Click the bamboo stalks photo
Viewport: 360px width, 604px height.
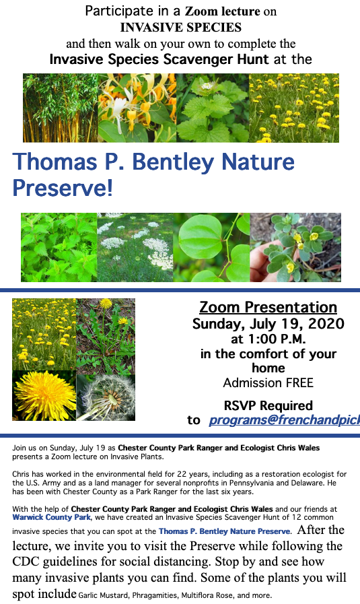click(61, 108)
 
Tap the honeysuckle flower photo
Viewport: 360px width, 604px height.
click(137, 108)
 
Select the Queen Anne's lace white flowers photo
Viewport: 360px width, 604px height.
click(135, 247)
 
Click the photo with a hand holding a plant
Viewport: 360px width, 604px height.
click(295, 247)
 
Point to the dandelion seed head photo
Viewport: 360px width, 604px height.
click(106, 397)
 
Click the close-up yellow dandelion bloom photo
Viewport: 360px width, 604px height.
click(44, 396)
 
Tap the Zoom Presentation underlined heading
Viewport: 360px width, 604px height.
click(268, 307)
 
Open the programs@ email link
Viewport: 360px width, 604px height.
click(284, 420)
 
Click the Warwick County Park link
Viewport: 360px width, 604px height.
click(51, 517)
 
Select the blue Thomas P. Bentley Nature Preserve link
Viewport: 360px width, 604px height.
click(225, 531)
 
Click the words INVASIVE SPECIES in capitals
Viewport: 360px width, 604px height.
click(180, 28)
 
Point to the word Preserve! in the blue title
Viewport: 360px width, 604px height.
click(63, 188)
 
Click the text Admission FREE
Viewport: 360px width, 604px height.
click(268, 382)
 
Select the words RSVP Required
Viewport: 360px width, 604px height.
click(268, 405)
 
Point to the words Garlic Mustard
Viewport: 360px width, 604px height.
click(103, 595)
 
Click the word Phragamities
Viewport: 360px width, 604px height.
click(155, 595)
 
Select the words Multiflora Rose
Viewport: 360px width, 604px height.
click(207, 595)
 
